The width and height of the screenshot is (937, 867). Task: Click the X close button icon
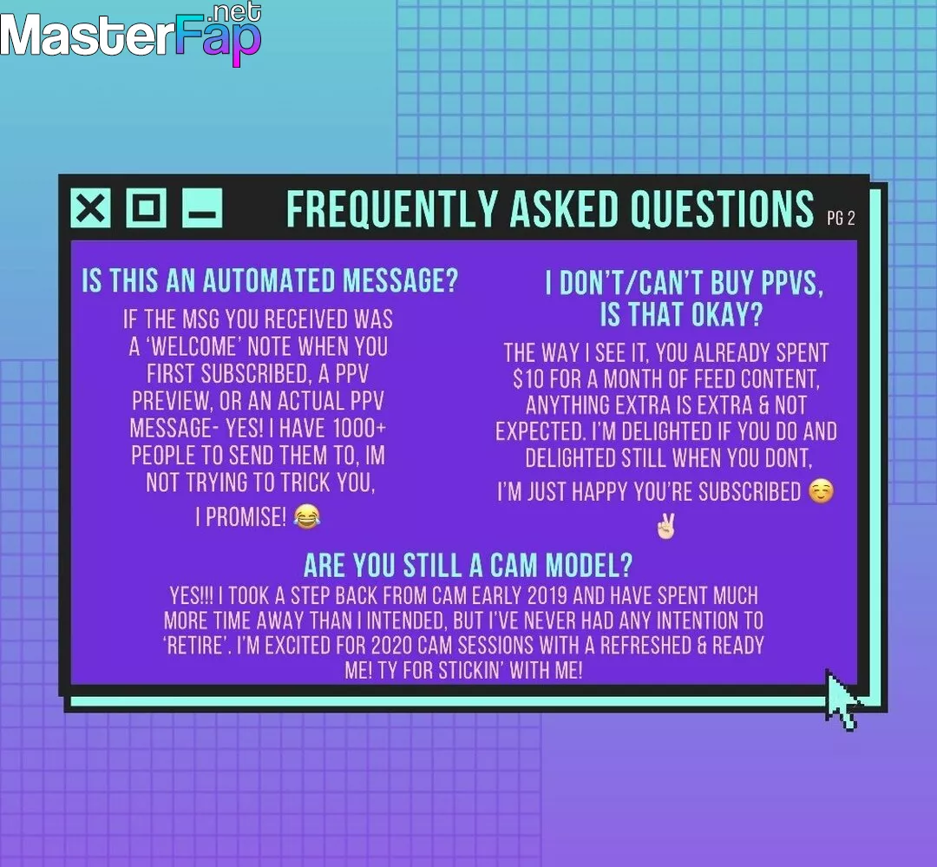(x=91, y=208)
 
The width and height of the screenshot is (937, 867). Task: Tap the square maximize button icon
(x=147, y=208)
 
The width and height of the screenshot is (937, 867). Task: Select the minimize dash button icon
(x=202, y=208)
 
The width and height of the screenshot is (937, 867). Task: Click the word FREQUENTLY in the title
(x=391, y=209)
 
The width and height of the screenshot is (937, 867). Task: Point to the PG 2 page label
(x=841, y=218)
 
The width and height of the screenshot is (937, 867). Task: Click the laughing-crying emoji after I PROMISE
(x=307, y=516)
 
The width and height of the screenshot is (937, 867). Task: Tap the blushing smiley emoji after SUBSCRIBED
(x=821, y=491)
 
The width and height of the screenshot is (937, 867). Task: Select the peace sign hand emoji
(x=665, y=526)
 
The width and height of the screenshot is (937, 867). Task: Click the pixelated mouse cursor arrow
(x=842, y=700)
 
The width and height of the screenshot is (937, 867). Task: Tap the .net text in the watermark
(x=237, y=12)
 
